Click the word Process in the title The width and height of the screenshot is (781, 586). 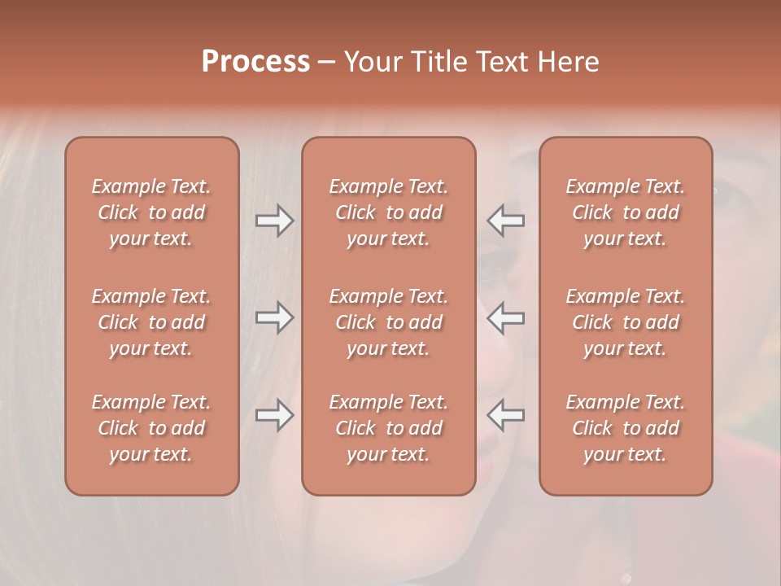[x=255, y=61]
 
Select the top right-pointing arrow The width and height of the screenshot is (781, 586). [x=275, y=221]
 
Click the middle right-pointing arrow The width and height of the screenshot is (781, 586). [x=275, y=317]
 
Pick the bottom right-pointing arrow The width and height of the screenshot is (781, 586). [x=275, y=415]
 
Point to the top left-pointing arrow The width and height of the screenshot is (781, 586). [x=505, y=221]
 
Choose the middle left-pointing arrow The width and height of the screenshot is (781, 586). [x=505, y=317]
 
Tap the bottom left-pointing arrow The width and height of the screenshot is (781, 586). [x=505, y=415]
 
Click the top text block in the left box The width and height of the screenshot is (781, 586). [x=151, y=212]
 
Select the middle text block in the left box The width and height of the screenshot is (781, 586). [x=151, y=322]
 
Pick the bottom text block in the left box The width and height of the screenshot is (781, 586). [x=151, y=428]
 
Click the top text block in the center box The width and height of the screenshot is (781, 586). [x=388, y=212]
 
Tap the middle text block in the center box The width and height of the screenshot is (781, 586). [x=388, y=322]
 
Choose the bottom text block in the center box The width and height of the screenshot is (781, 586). [x=388, y=428]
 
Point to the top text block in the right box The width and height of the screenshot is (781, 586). [x=625, y=212]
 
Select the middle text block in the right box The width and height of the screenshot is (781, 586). [x=625, y=322]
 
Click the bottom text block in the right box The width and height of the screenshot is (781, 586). [x=625, y=428]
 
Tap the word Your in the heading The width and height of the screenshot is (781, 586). [x=372, y=61]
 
